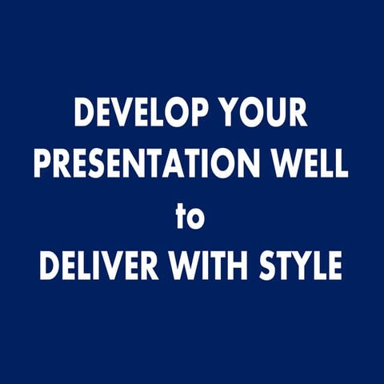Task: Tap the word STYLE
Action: [302, 266]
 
